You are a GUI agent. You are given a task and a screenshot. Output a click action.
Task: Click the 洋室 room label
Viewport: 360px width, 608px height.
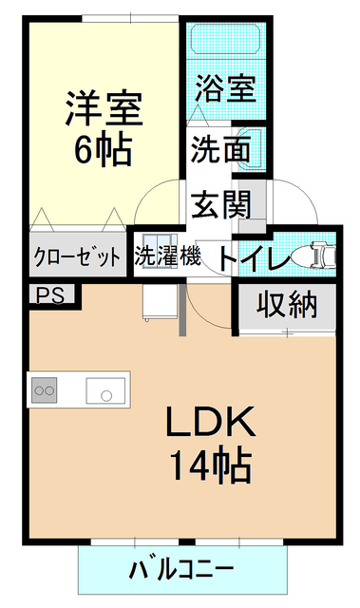tap(104, 108)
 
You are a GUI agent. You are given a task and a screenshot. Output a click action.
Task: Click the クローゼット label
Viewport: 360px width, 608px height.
tap(77, 256)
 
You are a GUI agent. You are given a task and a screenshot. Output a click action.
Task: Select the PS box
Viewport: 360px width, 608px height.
tap(49, 294)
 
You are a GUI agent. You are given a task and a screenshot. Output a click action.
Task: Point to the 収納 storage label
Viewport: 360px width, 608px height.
tap(283, 306)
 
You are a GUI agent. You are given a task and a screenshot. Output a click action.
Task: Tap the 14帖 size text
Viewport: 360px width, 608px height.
tap(210, 465)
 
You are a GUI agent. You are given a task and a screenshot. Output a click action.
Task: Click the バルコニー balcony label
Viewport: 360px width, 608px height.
tap(180, 570)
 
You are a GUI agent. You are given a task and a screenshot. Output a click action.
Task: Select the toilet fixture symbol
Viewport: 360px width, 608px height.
tap(313, 255)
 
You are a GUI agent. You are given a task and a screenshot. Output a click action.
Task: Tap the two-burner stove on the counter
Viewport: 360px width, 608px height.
tap(46, 389)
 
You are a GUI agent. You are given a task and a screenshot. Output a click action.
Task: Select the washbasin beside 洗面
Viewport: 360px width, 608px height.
tap(249, 149)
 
